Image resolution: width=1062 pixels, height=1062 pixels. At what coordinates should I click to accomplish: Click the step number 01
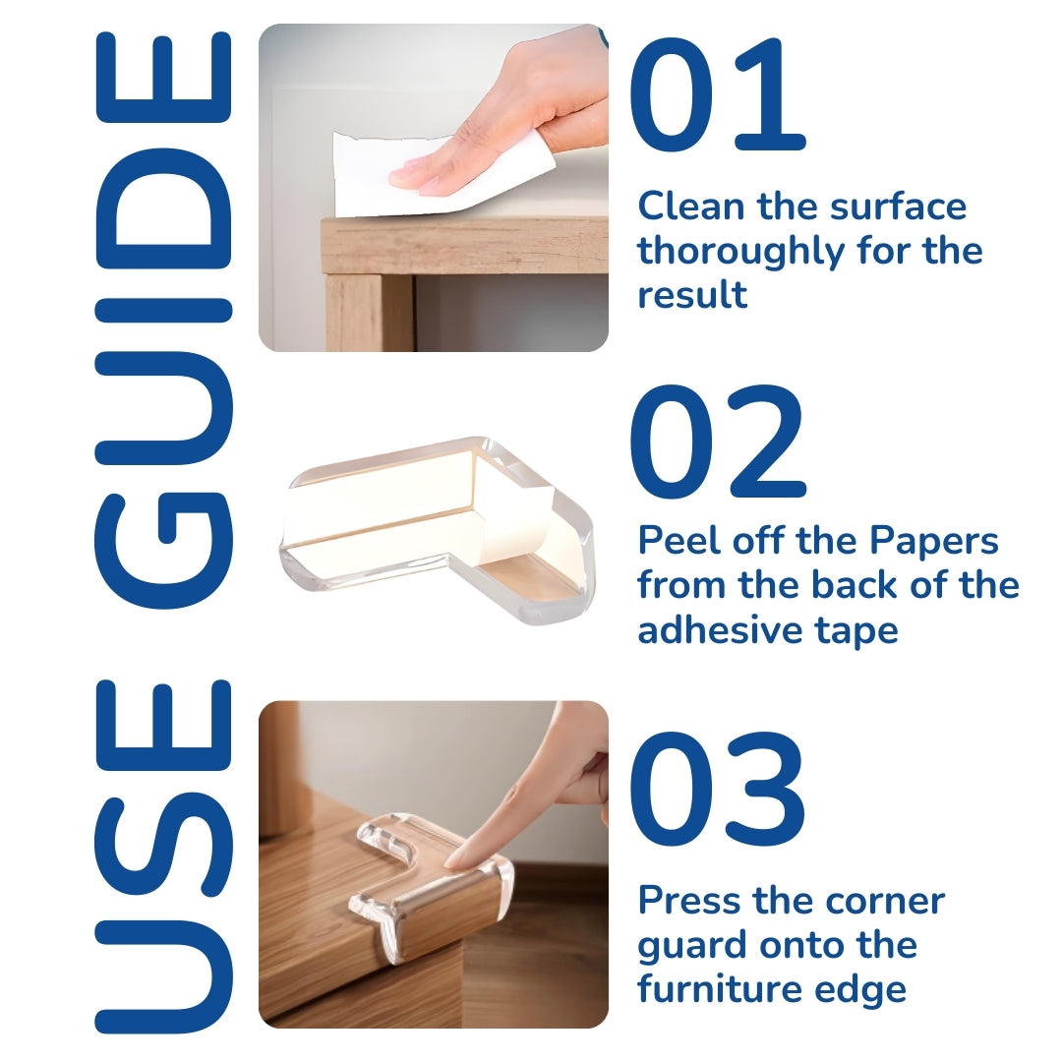pyautogui.click(x=718, y=94)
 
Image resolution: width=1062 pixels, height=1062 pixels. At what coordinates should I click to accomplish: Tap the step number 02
pyautogui.click(x=718, y=442)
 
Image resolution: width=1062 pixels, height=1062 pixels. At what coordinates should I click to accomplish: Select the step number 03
pyautogui.click(x=718, y=789)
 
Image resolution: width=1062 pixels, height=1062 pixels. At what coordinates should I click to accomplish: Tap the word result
pyautogui.click(x=692, y=295)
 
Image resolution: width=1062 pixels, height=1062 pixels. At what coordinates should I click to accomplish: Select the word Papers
pyautogui.click(x=933, y=542)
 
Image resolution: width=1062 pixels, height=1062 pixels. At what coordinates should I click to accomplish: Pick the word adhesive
pyautogui.click(x=720, y=630)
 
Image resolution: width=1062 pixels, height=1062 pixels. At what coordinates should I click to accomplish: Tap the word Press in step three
pyautogui.click(x=689, y=901)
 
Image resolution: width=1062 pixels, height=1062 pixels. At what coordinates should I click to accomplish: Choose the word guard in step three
pyautogui.click(x=692, y=947)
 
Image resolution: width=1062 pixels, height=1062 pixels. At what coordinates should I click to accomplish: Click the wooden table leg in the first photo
pyautogui.click(x=369, y=312)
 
